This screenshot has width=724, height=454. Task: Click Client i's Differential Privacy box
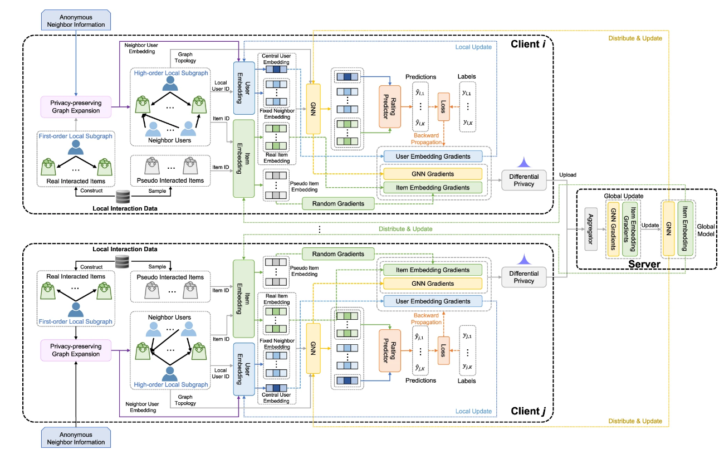click(x=524, y=180)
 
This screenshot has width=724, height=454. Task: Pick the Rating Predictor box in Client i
click(x=390, y=107)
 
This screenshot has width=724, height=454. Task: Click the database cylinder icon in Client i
click(x=123, y=196)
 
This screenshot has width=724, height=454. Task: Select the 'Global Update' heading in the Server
click(x=623, y=196)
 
